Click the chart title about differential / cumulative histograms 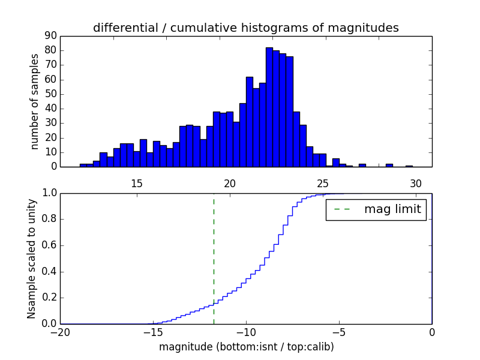coord(245,28)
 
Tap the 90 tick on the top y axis coord(50,36)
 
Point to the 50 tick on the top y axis coord(50,94)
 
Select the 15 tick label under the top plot coord(136,184)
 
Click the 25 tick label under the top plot coord(323,184)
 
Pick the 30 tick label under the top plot coord(416,184)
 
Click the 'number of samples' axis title coord(35,101)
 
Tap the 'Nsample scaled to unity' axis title coord(32,259)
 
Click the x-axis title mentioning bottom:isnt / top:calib coord(246,347)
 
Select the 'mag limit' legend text coord(392,209)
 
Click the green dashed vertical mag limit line coord(214,258)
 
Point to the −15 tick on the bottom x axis coord(153,331)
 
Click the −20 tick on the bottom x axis coord(60,331)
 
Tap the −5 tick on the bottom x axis coord(339,331)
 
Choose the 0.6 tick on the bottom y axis coord(48,245)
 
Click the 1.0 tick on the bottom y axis coord(48,193)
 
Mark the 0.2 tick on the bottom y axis coord(48,298)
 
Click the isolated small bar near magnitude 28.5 coord(389,165)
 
